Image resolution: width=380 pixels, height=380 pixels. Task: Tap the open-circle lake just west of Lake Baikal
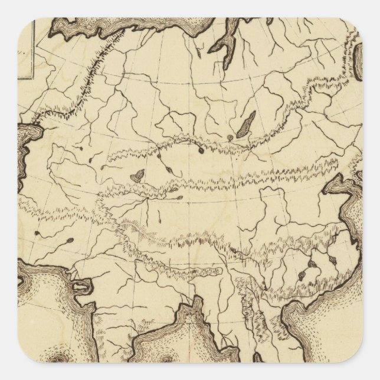click(x=230, y=139)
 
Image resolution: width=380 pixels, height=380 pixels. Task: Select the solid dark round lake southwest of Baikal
click(x=202, y=150)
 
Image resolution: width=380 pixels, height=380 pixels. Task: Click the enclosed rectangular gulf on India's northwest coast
click(x=80, y=287)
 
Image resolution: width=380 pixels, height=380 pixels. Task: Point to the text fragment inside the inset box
click(x=25, y=51)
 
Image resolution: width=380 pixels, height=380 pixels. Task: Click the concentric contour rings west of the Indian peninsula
click(x=57, y=359)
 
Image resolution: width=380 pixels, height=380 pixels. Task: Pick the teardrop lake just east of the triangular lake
click(x=166, y=169)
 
